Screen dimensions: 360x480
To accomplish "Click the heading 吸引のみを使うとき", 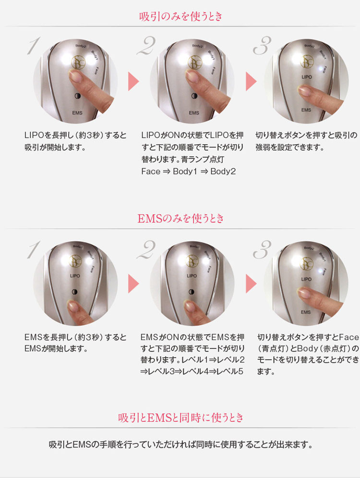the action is (x=180, y=16).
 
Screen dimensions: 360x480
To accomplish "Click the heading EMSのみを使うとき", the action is (x=180, y=218).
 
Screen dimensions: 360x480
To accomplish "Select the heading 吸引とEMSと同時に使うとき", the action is (x=180, y=417).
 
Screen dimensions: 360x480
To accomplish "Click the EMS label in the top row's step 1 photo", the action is (x=77, y=112).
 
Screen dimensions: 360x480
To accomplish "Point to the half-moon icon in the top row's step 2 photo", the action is (x=194, y=96).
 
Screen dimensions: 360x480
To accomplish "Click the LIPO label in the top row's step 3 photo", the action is (x=306, y=77).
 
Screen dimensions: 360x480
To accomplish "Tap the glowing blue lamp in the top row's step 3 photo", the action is (x=321, y=69).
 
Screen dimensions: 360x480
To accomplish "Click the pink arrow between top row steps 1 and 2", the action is (x=133, y=81).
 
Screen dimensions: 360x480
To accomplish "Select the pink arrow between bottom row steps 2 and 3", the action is (x=251, y=284).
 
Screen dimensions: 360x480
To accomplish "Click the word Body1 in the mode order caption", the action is (x=185, y=172).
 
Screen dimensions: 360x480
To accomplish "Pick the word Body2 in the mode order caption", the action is (x=223, y=172).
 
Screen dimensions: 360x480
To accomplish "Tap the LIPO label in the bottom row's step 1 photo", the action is (x=75, y=275).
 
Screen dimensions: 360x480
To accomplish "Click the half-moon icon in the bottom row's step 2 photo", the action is (x=192, y=292).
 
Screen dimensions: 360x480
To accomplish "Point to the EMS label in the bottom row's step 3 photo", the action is (x=306, y=312).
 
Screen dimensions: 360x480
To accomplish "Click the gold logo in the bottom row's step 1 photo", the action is (x=75, y=261).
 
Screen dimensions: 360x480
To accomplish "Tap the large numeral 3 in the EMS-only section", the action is (x=262, y=249).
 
